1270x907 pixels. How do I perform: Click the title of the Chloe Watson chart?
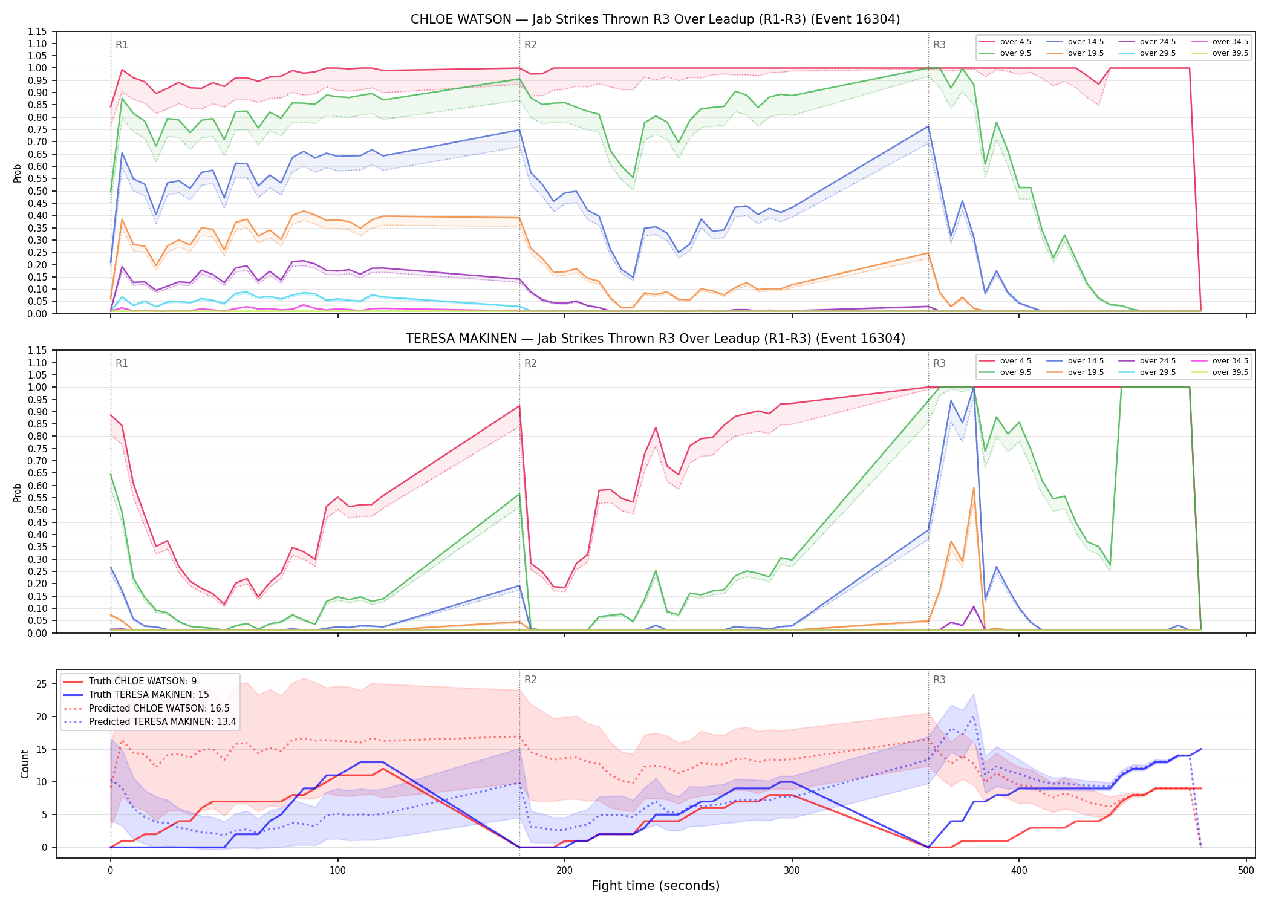point(655,19)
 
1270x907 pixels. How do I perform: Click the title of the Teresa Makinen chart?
point(655,339)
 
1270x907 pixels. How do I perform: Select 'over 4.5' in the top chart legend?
point(1015,42)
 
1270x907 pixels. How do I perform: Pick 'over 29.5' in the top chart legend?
point(1158,53)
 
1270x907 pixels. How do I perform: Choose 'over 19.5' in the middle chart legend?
point(1086,372)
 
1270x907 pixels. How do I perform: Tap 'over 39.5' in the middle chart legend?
point(1230,372)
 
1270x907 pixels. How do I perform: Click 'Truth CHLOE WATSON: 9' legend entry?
point(143,681)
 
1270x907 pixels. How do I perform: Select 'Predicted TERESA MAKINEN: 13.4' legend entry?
point(162,721)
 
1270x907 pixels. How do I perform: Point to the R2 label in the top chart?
point(530,45)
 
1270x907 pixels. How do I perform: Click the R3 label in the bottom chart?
point(939,680)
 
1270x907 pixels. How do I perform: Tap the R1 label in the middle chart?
point(122,363)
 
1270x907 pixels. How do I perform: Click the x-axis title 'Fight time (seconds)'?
point(656,886)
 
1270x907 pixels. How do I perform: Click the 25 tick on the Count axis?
point(42,684)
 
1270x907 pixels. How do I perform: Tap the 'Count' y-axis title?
point(25,764)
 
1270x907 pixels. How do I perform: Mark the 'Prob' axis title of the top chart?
point(18,173)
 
